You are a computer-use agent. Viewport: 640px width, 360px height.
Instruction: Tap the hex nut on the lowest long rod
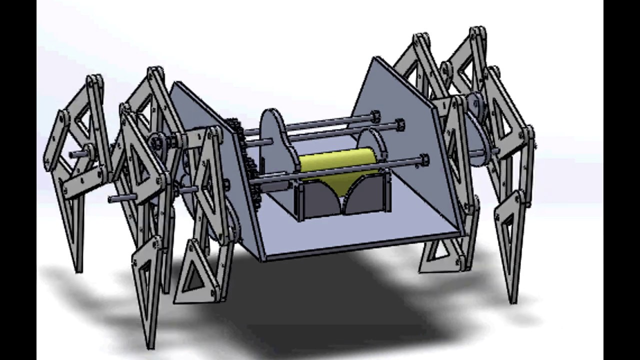(424, 160)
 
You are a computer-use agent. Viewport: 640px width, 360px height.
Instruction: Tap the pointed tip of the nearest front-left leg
(150, 345)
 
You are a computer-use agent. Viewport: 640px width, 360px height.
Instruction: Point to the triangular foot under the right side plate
(440, 255)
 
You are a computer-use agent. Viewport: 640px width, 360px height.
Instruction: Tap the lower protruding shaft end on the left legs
(112, 199)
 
